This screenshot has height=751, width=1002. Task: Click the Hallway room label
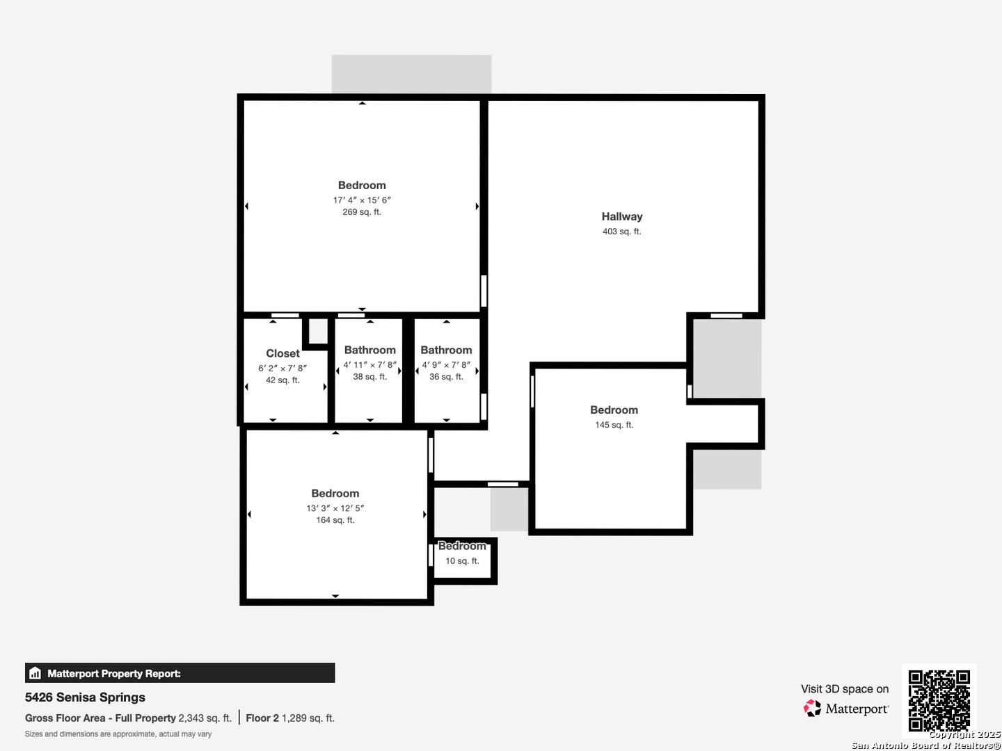click(622, 216)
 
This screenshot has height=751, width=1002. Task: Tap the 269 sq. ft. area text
click(362, 212)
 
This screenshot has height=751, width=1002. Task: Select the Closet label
click(283, 353)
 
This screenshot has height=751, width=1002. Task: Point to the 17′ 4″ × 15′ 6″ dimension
click(362, 200)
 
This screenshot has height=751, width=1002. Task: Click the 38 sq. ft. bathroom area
click(369, 377)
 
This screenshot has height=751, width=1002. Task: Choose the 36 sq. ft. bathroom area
click(446, 377)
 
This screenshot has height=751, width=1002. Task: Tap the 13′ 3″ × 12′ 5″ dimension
click(335, 508)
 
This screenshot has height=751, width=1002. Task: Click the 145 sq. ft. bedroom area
click(614, 425)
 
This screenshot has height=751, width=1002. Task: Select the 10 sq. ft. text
click(463, 561)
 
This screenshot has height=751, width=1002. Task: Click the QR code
click(939, 700)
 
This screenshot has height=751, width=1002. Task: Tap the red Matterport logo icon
click(812, 708)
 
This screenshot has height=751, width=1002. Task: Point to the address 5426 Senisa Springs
click(85, 697)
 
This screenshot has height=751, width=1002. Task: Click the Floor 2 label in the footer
click(262, 718)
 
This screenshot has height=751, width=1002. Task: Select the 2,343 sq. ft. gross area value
click(205, 718)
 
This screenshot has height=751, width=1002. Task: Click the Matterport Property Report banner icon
click(35, 673)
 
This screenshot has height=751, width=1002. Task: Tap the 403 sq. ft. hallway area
click(622, 232)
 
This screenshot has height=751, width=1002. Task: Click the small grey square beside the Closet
click(318, 331)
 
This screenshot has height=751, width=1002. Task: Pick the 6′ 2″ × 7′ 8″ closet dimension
click(283, 368)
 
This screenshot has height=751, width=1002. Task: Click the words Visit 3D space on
click(845, 689)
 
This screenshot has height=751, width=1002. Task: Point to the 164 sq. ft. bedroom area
click(335, 520)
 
